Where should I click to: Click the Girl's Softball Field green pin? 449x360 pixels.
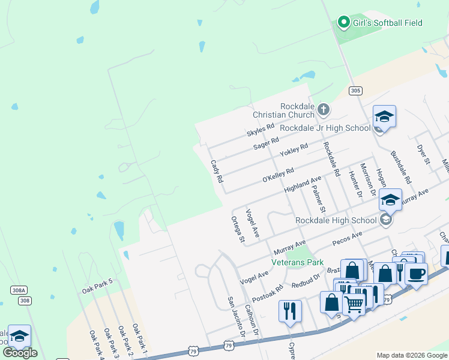click(344, 23)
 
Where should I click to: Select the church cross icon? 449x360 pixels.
click(324, 109)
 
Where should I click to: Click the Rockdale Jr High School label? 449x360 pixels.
click(325, 128)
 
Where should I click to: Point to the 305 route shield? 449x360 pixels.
click(355, 91)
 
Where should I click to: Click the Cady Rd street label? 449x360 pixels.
click(217, 171)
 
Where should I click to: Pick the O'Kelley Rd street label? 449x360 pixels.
click(278, 176)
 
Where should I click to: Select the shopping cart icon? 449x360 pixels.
click(354, 305)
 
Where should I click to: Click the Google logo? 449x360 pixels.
click(20, 353)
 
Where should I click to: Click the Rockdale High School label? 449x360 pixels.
click(336, 220)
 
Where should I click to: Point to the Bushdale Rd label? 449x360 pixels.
click(400, 167)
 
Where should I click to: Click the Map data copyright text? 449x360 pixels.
click(412, 355)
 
